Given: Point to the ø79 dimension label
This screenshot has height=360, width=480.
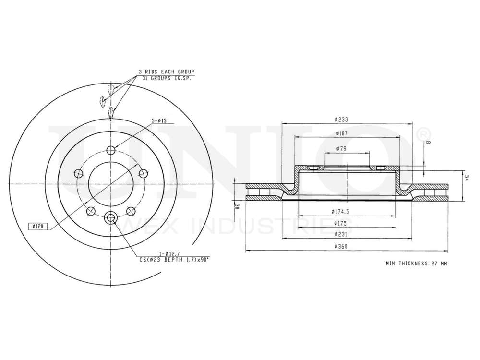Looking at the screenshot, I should coord(342,149).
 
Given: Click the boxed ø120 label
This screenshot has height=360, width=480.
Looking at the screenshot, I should coord(38,226).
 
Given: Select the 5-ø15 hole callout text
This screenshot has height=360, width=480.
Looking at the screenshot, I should coord(159,121).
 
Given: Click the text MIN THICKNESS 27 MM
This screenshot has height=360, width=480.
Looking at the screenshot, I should coord(416,264).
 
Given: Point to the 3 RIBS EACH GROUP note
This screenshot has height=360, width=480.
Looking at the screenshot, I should coord(166,71).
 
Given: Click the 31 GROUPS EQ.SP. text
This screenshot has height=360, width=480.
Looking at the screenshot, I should coord(166,78).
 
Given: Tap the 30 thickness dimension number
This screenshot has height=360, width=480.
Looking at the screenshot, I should coord(237,206).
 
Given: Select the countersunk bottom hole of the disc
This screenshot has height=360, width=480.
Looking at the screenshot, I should coord(111,218).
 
